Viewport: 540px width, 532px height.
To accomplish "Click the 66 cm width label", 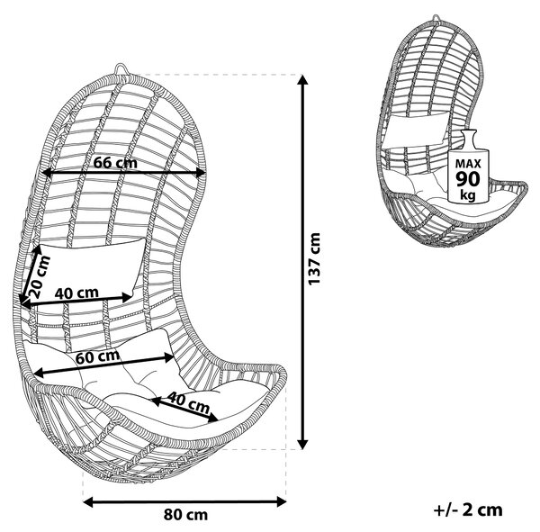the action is click(115, 162).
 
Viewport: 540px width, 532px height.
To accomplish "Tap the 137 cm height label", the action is click(314, 258).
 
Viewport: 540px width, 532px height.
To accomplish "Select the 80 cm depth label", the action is click(185, 515).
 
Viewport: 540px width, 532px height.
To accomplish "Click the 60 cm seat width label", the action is click(98, 356).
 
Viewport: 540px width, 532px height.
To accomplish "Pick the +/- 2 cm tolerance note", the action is click(468, 509).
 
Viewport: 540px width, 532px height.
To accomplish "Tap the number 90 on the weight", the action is click(468, 178).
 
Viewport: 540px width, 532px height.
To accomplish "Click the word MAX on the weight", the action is click(468, 163).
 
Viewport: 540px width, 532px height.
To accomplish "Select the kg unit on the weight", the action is click(468, 195).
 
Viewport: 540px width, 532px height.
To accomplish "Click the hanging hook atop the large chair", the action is click(121, 68).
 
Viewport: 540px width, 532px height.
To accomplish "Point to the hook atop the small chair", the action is click(436, 18).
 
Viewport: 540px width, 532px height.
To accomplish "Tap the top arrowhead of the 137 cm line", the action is click(302, 79).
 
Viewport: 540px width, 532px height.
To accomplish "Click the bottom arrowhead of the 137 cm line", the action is click(302, 445).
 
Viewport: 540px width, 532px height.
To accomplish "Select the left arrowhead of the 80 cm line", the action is click(88, 502).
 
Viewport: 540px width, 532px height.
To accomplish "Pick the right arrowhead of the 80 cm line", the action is click(281, 502).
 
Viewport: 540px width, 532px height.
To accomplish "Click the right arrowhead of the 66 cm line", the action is click(201, 174).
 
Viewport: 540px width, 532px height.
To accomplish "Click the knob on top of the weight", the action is click(468, 137).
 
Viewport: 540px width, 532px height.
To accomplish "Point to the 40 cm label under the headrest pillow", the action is click(76, 293).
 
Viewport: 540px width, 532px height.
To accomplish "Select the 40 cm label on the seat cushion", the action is click(189, 402).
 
